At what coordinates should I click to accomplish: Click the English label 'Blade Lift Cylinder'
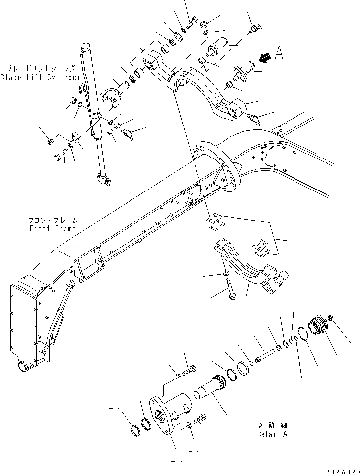click(40, 77)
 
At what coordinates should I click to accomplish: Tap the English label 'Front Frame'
click(52, 229)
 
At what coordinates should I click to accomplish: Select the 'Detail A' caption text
click(272, 434)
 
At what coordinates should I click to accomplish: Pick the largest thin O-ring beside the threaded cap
click(303, 340)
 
